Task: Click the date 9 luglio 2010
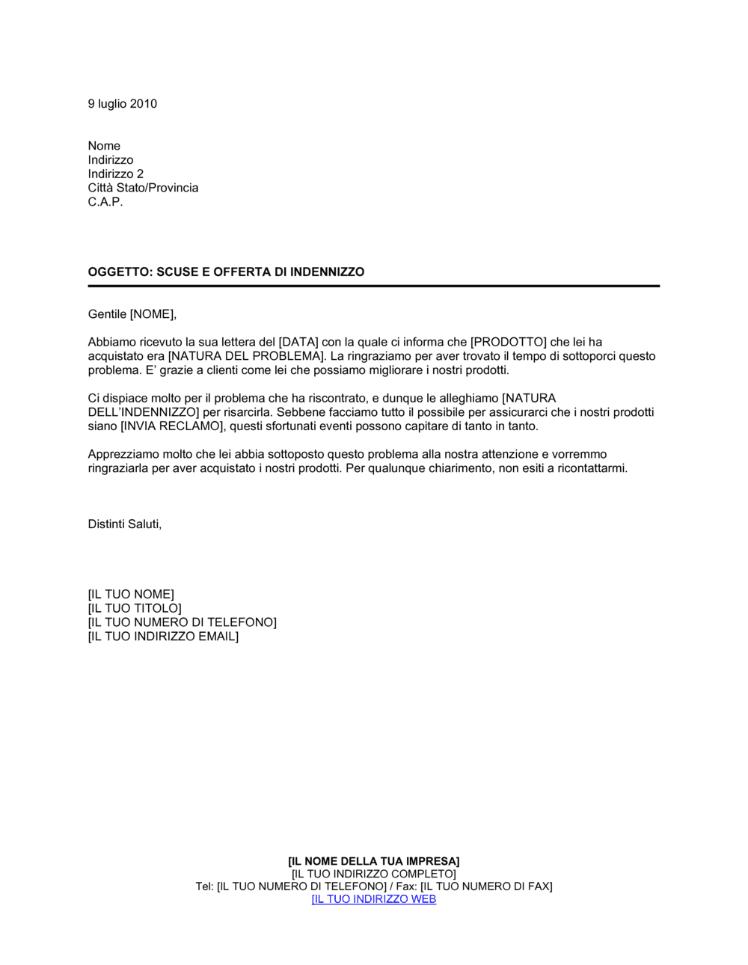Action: point(123,104)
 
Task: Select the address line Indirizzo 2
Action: point(116,174)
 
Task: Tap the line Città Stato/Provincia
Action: point(143,188)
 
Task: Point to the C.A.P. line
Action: point(105,202)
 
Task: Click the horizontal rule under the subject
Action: point(374,286)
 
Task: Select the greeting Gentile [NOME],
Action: point(132,314)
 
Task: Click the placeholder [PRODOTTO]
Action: point(509,343)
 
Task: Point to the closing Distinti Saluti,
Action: point(125,524)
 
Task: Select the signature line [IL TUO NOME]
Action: point(131,595)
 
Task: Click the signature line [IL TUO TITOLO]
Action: point(135,609)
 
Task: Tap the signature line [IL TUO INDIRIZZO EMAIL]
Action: point(163,637)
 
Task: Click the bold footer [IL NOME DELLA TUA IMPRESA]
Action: point(374,862)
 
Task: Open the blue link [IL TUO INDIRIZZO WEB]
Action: point(374,899)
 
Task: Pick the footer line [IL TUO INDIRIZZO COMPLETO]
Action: point(374,874)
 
